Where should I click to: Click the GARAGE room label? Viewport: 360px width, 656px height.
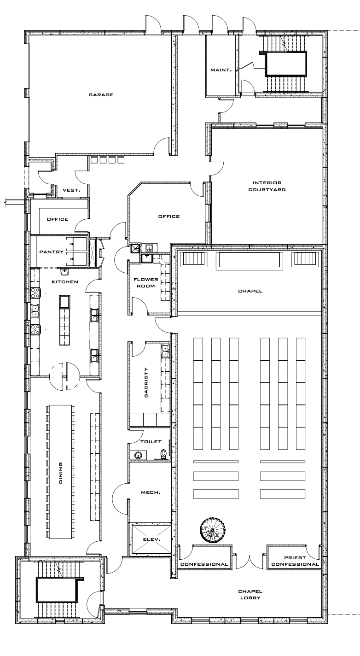click(x=101, y=95)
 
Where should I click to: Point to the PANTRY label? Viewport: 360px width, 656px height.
click(x=51, y=252)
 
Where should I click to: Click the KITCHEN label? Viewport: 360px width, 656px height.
click(x=64, y=282)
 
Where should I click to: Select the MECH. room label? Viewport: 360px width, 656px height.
click(x=151, y=492)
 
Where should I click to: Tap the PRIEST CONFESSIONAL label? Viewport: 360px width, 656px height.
click(x=295, y=561)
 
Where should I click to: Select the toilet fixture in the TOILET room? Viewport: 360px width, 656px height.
click(x=163, y=454)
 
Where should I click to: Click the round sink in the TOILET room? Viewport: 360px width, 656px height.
click(x=138, y=455)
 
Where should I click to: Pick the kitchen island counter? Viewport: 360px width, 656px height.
click(x=64, y=320)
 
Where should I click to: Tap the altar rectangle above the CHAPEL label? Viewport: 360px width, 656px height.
click(x=249, y=261)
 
